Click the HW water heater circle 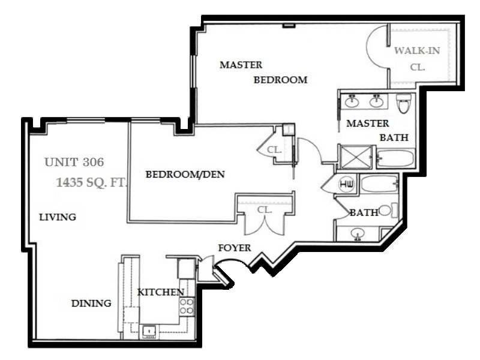point(347,184)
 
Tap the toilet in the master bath point(404,103)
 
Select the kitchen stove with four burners point(187,307)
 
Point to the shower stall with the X point(355,157)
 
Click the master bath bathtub point(395,158)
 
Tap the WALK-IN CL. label point(417,59)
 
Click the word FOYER point(235,248)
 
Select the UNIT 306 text point(74,162)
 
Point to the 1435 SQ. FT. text point(91,182)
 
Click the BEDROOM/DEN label point(185,175)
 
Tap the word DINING point(91,304)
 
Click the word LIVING point(58,217)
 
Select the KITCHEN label point(160,292)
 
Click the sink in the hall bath point(357,234)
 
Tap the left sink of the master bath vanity point(352,101)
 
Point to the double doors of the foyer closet point(265,224)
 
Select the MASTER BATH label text point(377,130)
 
